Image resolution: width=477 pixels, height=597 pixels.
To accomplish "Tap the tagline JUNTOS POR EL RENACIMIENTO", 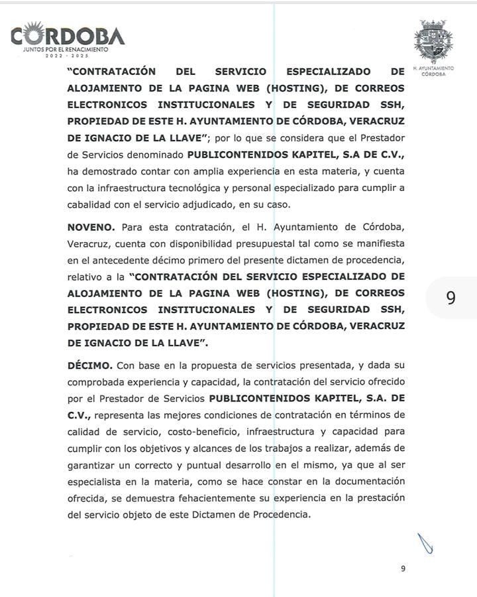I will point(65,49).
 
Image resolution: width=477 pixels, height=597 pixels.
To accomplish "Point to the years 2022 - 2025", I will point(65,55).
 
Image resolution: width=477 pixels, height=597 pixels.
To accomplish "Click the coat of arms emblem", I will point(433,41).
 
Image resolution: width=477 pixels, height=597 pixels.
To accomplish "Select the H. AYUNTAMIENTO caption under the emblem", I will point(433,68).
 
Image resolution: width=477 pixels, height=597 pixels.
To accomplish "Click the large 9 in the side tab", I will point(450,298).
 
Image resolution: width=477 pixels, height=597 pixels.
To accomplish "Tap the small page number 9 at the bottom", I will point(403,568).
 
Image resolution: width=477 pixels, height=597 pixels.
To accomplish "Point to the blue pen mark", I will point(426,543).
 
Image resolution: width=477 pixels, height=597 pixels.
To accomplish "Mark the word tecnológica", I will point(190,188).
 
